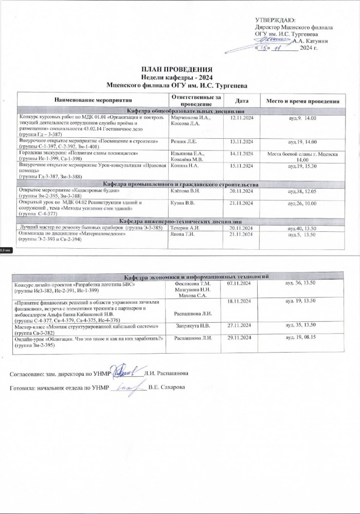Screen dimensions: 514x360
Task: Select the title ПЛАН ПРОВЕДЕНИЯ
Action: tap(176, 69)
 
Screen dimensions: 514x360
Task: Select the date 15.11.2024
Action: tap(240, 166)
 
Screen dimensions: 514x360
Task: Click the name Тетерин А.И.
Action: tap(185, 227)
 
